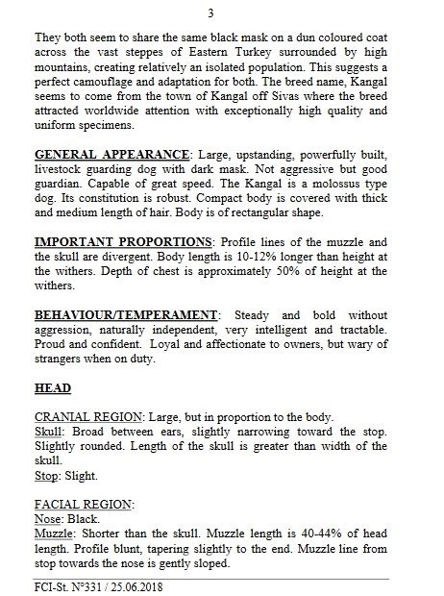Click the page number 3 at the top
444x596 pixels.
tap(222, 13)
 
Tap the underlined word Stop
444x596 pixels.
tap(46, 474)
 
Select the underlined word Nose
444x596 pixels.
tap(47, 516)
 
